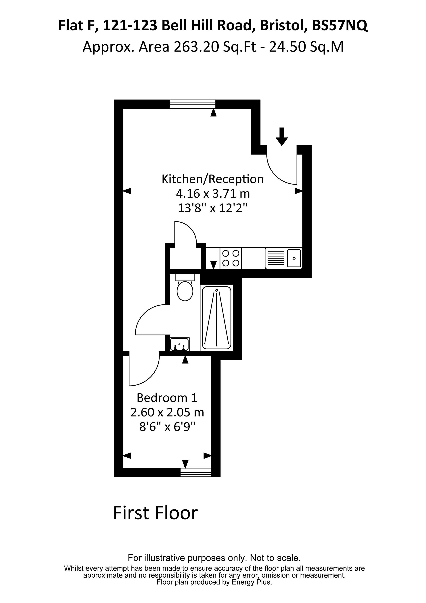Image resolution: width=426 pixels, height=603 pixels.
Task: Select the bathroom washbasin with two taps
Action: coord(180,344)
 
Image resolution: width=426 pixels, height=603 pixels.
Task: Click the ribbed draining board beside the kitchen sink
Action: coord(275,258)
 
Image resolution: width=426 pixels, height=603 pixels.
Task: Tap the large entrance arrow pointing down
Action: coord(282,136)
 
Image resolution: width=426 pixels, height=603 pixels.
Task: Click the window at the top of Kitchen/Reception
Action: coord(193,104)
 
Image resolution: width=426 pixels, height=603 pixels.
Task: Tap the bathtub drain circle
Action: coord(217,290)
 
